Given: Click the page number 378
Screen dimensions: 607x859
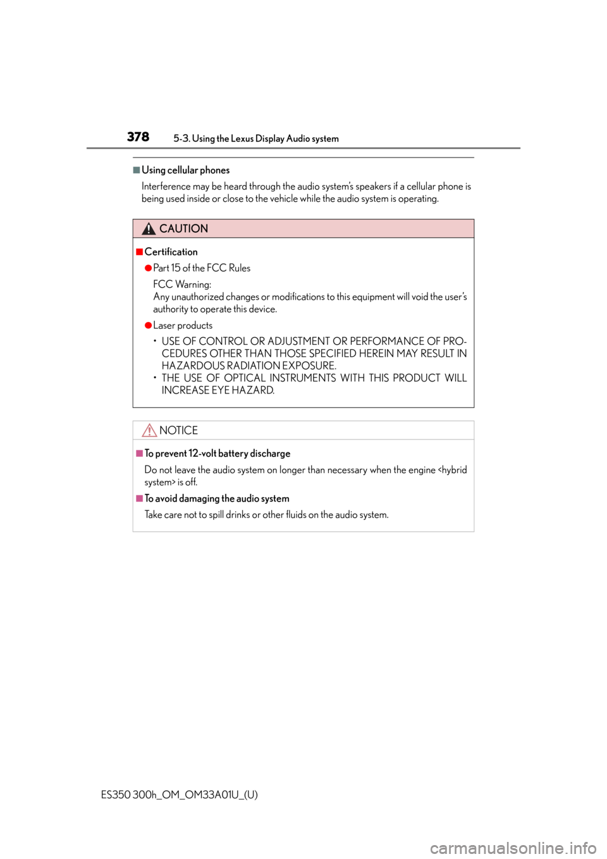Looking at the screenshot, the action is point(138,137).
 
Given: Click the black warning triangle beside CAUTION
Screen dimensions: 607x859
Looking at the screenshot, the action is point(149,229).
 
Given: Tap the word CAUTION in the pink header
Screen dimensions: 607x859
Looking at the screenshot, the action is point(183,228).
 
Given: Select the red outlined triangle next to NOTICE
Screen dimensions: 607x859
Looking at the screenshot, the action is point(149,430).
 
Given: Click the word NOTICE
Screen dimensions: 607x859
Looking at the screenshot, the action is point(178,430).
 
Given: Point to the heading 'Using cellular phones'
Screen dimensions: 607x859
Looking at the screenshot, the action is point(185,170).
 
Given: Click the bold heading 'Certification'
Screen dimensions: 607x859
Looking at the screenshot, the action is point(171,252).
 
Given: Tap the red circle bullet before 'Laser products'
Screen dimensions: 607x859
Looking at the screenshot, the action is point(149,326).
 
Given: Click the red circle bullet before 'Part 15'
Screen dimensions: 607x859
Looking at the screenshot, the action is point(149,268).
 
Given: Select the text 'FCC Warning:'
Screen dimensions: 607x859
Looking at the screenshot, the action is point(182,284).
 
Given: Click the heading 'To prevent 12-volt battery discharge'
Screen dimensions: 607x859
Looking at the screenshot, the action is point(218,454).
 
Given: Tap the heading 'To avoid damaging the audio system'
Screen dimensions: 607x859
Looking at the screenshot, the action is point(217,498).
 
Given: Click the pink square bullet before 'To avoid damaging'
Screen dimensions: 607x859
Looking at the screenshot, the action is point(139,498).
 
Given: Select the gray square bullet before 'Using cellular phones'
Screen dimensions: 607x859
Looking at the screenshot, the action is point(137,170).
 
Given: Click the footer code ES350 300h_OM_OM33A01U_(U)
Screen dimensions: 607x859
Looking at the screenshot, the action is point(180,795).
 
